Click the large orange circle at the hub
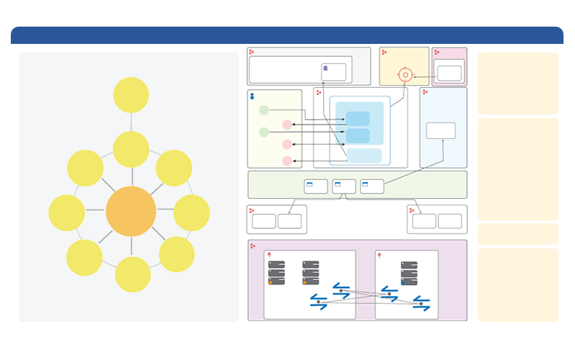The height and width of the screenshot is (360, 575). [131, 212]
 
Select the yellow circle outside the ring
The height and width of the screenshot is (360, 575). [131, 95]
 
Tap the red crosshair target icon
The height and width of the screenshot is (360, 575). [405, 74]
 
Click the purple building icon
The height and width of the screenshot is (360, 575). [325, 69]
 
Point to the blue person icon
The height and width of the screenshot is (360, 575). [252, 96]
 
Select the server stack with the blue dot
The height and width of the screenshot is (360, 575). [409, 274]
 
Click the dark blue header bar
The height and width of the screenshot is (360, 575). [286, 35]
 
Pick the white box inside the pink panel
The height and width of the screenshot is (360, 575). [449, 73]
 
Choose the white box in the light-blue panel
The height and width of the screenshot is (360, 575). [440, 130]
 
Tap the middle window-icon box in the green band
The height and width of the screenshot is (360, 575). [344, 186]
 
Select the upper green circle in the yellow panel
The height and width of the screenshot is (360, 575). [264, 110]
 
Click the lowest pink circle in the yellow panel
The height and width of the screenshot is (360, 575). [287, 161]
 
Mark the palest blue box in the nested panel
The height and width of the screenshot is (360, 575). [364, 156]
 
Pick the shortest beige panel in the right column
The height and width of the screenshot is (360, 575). [517, 233]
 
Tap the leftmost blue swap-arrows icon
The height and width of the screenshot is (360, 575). [318, 302]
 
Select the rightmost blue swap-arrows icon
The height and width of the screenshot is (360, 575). [422, 304]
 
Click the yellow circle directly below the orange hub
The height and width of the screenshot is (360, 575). [133, 274]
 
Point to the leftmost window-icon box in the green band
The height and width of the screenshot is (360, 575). [316, 186]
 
